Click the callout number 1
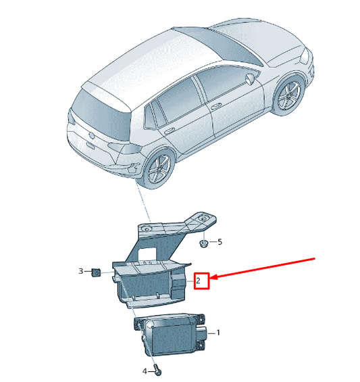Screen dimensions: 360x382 coord(218,332)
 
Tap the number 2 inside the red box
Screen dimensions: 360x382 coord(198,281)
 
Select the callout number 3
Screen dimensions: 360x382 coord(81,271)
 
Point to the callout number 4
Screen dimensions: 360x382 coord(145,371)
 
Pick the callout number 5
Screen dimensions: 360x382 coord(220,242)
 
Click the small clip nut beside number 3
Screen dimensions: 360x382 coord(96,272)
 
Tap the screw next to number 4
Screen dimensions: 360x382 coord(158,370)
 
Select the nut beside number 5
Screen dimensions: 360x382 coord(203,243)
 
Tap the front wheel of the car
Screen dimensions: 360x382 coord(288,94)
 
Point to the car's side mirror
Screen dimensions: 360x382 coord(250,79)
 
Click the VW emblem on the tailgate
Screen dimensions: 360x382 coord(92,135)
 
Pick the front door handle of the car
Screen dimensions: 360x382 coord(215,106)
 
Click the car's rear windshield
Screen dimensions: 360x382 coord(102,114)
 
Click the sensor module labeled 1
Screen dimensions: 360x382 coord(170,334)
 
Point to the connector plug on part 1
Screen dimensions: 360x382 coord(201,333)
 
